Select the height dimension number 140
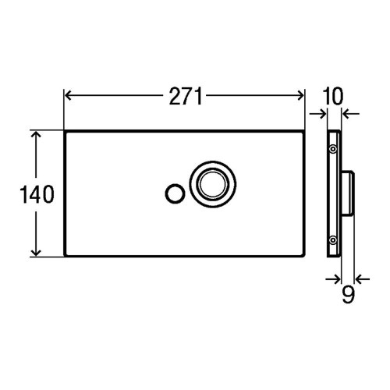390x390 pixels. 36,194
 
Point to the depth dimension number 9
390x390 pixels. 348,294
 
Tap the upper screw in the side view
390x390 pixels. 333,148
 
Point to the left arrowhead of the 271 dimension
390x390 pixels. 69,97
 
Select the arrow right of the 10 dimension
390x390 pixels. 348,115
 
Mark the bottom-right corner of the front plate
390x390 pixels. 304,255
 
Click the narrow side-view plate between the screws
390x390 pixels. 333,194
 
